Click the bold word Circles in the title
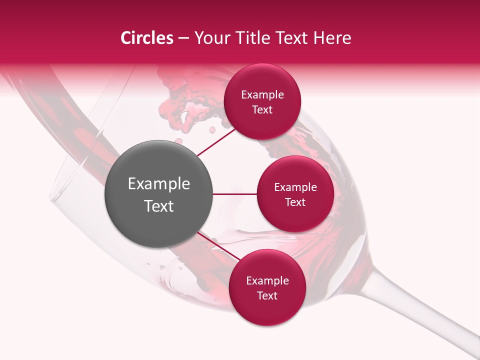(147, 38)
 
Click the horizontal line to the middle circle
(235, 194)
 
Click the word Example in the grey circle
(159, 184)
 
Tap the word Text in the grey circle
(159, 206)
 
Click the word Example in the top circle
(262, 94)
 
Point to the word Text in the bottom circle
(267, 295)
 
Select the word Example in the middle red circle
(295, 187)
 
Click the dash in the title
(183, 38)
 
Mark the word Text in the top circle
(262, 109)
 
